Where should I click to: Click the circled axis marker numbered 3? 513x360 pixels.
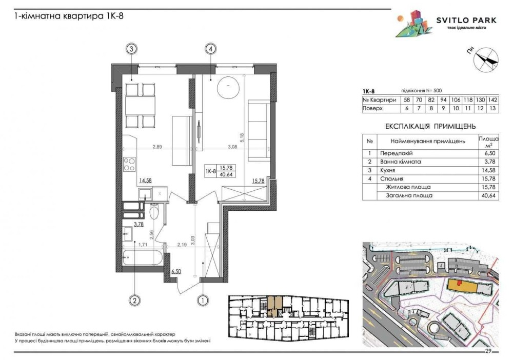[131, 49]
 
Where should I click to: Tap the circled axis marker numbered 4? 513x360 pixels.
[211, 49]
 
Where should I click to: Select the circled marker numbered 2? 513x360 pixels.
[134, 300]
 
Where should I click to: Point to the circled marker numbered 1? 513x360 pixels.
[203, 300]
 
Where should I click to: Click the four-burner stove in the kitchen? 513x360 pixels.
[129, 164]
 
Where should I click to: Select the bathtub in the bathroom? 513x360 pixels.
[143, 258]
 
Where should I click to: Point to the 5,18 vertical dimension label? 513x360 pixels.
[243, 137]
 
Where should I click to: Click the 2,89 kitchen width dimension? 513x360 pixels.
[157, 147]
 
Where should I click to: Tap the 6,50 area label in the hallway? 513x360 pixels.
[176, 271]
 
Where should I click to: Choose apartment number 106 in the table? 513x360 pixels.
[456, 99]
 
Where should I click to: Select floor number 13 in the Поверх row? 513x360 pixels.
[493, 109]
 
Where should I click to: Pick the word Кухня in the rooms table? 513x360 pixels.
[388, 170]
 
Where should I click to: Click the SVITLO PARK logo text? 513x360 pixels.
[466, 21]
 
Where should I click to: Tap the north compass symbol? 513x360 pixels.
[486, 59]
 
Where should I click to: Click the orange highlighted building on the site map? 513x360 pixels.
[461, 287]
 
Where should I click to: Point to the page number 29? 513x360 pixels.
[488, 351]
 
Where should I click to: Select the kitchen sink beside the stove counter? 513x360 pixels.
[144, 194]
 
